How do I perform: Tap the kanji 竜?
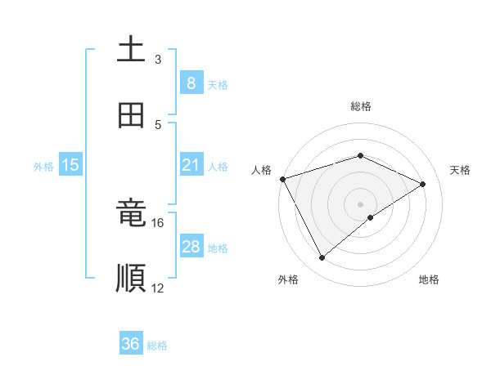tap(131, 215)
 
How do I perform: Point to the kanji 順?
tap(131, 278)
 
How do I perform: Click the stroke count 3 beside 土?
tap(158, 60)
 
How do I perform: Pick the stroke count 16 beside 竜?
tap(158, 222)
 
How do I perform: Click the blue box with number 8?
tap(191, 83)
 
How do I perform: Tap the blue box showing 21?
tap(191, 165)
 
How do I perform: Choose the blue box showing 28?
tap(191, 247)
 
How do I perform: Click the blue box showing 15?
tap(70, 165)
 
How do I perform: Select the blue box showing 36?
tap(131, 344)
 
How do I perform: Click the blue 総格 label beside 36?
tap(157, 346)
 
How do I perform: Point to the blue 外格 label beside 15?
tap(43, 167)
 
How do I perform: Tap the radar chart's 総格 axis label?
tap(360, 106)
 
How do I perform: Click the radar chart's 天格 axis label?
tap(461, 170)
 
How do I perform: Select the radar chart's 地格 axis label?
tap(429, 279)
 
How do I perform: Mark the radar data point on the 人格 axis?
tap(282, 179)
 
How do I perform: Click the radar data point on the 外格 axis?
tap(322, 258)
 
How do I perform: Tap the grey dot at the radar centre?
tap(360, 203)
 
